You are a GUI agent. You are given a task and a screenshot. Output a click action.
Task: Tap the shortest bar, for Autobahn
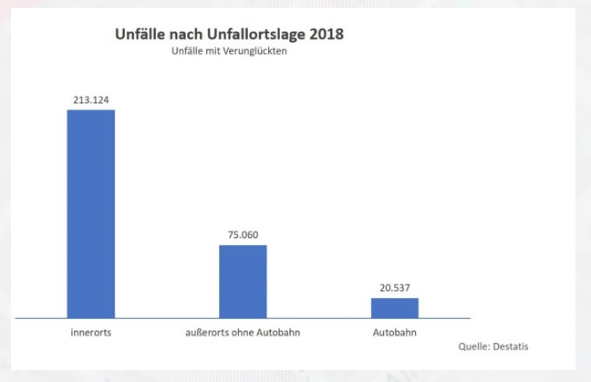(x=395, y=307)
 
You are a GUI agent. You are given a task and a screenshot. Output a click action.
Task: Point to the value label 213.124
(x=91, y=99)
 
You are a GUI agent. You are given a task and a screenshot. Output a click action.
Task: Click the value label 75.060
(x=243, y=235)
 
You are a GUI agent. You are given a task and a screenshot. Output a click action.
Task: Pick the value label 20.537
(x=395, y=288)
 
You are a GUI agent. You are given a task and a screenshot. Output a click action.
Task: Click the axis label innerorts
(x=91, y=334)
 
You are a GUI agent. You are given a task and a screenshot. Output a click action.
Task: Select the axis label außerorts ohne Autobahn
(x=236, y=334)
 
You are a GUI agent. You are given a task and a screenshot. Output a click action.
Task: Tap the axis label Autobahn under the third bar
(x=394, y=334)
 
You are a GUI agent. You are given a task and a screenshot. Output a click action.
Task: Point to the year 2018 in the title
(x=326, y=35)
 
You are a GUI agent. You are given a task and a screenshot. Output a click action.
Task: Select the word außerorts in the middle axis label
(x=195, y=334)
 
